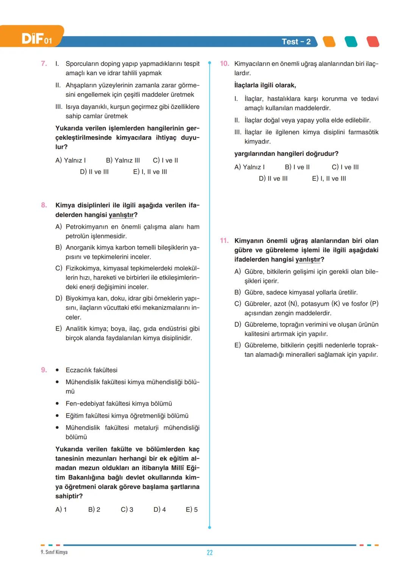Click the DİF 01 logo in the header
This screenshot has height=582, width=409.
pyautogui.click(x=36, y=38)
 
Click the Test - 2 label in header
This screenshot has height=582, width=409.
pyautogui.click(x=296, y=42)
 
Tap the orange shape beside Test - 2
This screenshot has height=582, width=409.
pyautogui.click(x=329, y=42)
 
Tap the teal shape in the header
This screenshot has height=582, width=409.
pyautogui.click(x=351, y=42)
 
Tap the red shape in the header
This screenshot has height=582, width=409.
pyautogui.click(x=373, y=42)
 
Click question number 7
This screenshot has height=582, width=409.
pyautogui.click(x=44, y=64)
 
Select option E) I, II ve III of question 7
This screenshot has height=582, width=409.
pyautogui.click(x=150, y=172)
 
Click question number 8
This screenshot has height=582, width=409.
pyautogui.click(x=44, y=205)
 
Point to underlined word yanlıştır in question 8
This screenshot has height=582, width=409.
pyautogui.click(x=121, y=215)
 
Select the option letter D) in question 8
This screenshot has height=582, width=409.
pyautogui.click(x=59, y=298)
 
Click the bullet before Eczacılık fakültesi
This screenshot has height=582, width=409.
pyautogui.click(x=57, y=370)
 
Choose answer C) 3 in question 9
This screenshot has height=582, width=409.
pyautogui.click(x=127, y=509)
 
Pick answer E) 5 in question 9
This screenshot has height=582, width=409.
pyautogui.click(x=192, y=509)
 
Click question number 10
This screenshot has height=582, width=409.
pyautogui.click(x=225, y=64)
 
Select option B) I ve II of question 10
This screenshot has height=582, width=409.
pyautogui.click(x=297, y=167)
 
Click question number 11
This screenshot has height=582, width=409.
pyautogui.click(x=224, y=241)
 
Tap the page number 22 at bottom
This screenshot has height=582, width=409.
pyautogui.click(x=210, y=553)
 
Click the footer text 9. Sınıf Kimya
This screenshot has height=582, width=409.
pyautogui.click(x=54, y=552)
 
